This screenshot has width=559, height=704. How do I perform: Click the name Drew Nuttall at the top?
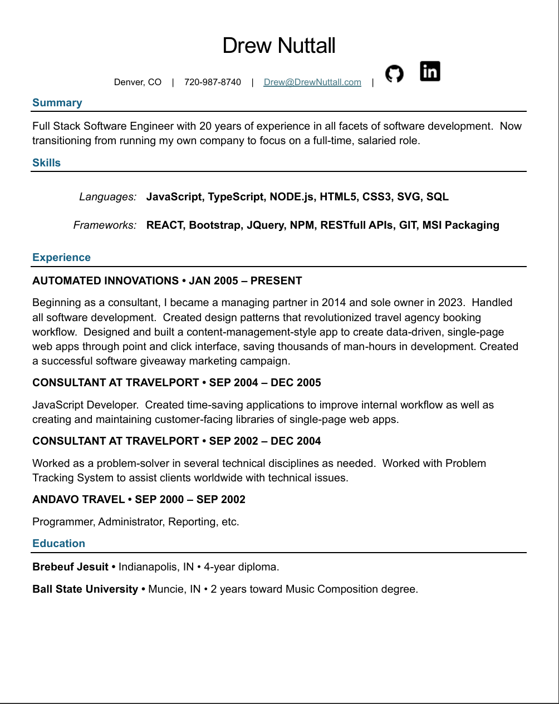[279, 46]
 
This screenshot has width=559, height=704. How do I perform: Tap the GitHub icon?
[394, 73]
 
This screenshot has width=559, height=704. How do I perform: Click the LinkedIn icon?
[430, 71]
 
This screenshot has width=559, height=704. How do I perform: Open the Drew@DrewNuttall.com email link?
[312, 82]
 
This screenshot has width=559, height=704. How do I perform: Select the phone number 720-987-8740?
[213, 82]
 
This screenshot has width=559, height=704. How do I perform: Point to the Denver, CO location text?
[138, 82]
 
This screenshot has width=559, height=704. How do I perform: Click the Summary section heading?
[57, 103]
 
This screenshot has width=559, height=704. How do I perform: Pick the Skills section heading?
[46, 163]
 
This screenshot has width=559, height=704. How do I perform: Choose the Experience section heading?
[61, 258]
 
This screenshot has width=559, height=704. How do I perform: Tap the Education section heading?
[58, 544]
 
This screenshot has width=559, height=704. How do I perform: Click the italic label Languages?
[107, 197]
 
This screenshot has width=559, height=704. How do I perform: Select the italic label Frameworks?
[105, 225]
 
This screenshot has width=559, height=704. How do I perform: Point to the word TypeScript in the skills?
[236, 197]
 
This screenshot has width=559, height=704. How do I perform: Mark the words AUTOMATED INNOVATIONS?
[105, 281]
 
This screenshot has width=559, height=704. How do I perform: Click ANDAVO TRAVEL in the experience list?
[79, 500]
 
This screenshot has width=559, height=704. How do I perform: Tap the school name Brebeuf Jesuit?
[70, 567]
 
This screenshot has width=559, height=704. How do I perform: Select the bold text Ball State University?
[85, 589]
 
